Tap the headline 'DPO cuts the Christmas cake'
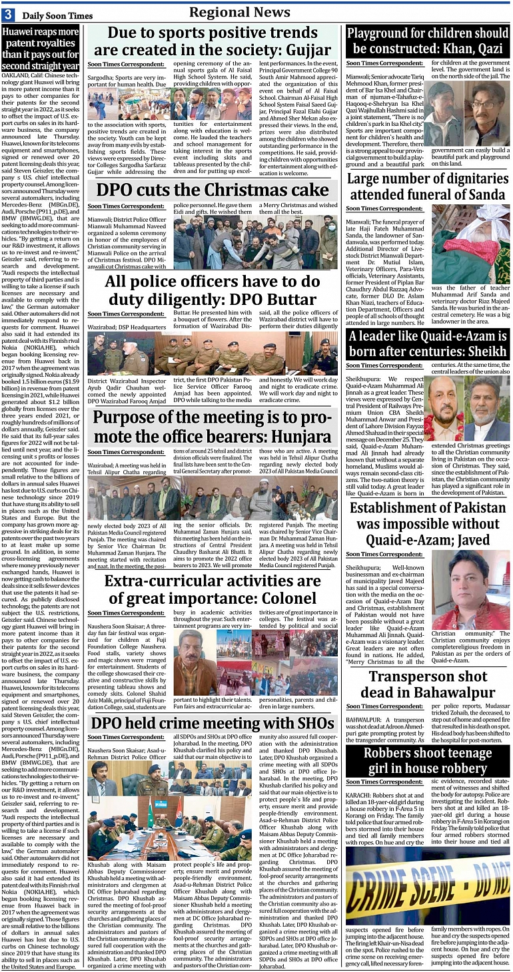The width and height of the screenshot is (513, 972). point(213,190)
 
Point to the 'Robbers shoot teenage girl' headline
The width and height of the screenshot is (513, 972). point(427,761)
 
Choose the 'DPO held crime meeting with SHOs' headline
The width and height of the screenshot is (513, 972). point(213,723)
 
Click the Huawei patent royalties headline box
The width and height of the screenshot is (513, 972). point(40,49)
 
